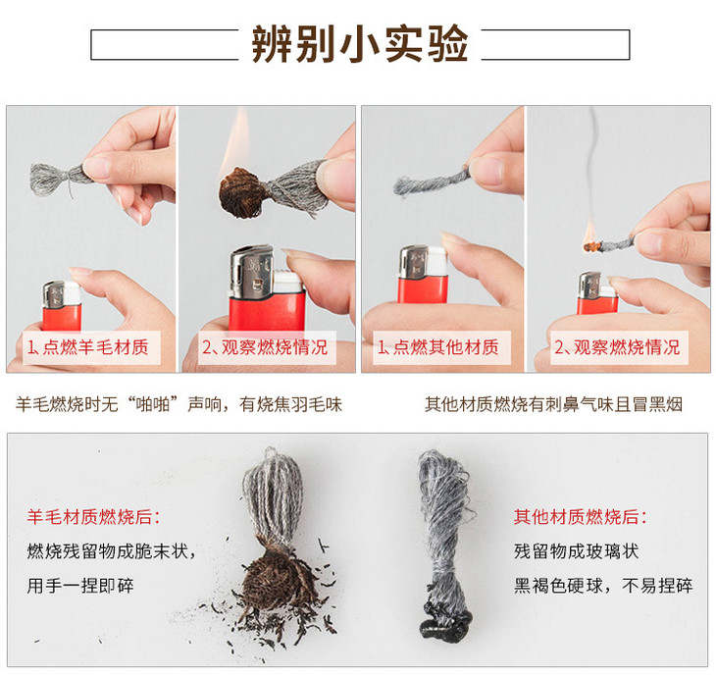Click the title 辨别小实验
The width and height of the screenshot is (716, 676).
click(359, 44)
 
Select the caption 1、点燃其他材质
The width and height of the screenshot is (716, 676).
click(438, 347)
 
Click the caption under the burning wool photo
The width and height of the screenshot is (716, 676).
click(266, 347)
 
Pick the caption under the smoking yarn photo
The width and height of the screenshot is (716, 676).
click(617, 347)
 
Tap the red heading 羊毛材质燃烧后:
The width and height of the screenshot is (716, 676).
click(93, 516)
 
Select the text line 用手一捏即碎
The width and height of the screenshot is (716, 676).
click(80, 587)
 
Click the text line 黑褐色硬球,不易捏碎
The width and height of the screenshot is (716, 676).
click(603, 587)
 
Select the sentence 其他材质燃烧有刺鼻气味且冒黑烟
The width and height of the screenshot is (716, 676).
click(553, 403)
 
